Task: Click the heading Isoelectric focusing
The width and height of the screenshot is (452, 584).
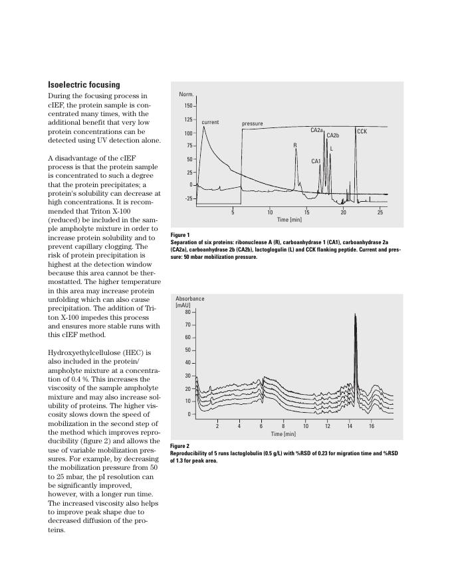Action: (84, 85)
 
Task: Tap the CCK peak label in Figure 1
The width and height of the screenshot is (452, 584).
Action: (362, 131)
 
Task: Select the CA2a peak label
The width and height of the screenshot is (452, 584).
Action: (316, 130)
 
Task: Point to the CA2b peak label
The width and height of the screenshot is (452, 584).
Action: (332, 135)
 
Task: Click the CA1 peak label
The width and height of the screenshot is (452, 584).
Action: (316, 161)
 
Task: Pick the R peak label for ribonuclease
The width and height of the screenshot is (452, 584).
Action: (295, 145)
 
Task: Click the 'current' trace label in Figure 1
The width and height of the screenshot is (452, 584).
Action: (210, 122)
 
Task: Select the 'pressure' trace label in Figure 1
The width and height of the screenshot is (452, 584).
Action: (252, 123)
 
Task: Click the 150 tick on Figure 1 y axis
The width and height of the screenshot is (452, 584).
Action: (187, 106)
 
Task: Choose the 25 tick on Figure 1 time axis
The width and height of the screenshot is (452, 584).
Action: (380, 212)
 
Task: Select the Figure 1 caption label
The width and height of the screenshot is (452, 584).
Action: (180, 235)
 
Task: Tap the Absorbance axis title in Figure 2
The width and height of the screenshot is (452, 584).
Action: (190, 299)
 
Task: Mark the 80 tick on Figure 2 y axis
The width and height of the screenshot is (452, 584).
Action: (187, 312)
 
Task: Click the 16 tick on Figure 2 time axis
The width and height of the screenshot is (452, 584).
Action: (371, 426)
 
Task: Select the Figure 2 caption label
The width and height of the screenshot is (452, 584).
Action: (180, 446)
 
